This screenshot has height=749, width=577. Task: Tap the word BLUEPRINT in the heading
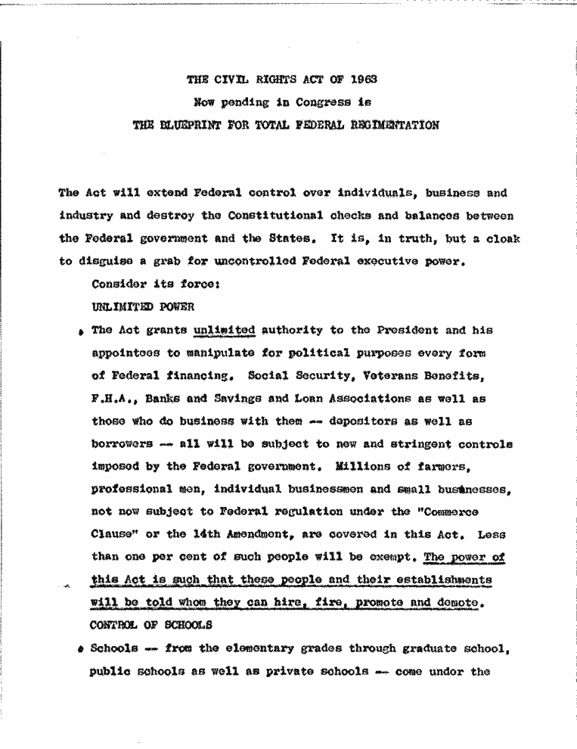pos(184,126)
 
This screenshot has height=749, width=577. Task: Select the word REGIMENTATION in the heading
pos(392,126)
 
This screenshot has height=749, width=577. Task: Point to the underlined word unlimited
pos(224,330)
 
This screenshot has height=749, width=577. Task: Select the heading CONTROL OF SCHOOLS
pos(150,626)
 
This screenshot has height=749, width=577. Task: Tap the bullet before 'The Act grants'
pos(79,332)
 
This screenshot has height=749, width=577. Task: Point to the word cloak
pos(500,238)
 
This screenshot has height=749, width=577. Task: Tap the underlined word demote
pos(457,603)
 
